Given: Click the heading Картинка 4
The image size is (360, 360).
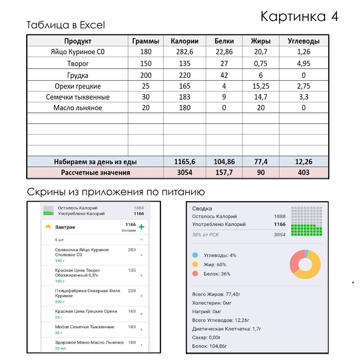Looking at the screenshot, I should (x=299, y=16).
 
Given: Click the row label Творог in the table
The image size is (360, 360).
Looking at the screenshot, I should (x=78, y=64).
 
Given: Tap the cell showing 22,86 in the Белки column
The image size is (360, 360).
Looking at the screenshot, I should (x=224, y=52).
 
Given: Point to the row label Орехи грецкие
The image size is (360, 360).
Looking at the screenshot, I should (x=78, y=86).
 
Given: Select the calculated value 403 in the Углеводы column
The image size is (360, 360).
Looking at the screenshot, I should (x=303, y=173).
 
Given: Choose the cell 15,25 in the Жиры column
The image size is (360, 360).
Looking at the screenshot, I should (x=261, y=86).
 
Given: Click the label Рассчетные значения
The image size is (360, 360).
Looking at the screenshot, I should (x=96, y=173).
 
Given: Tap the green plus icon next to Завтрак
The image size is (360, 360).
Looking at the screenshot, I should (x=141, y=227).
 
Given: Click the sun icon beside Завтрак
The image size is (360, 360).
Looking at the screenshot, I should (x=48, y=227).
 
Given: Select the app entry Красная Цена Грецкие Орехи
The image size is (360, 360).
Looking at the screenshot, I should (x=86, y=311).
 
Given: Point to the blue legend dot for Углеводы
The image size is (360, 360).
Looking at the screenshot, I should (x=195, y=255).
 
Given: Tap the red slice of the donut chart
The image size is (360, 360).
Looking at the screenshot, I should (x=295, y=262).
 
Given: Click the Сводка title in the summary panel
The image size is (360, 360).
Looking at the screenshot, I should (x=202, y=209).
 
